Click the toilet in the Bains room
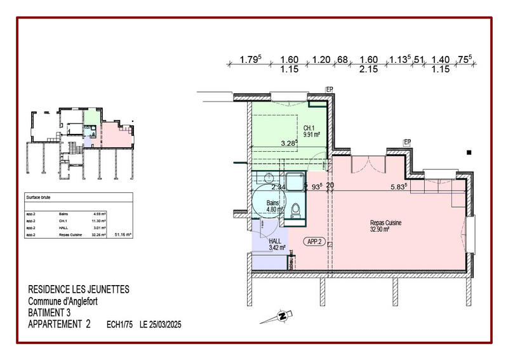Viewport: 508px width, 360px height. click(295, 210)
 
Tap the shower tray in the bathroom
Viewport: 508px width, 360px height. click(294, 183)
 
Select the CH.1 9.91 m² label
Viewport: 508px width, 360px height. click(311, 131)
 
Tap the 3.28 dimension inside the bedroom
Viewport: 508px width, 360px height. click(289, 143)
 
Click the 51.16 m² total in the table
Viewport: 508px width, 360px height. click(123, 235)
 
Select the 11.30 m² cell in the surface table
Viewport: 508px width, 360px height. click(99, 221)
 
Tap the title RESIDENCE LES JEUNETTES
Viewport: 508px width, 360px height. click(79, 290)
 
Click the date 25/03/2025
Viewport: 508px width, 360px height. click(160, 324)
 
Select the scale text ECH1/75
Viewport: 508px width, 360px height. click(119, 324)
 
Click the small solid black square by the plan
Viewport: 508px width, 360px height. click(469, 152)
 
